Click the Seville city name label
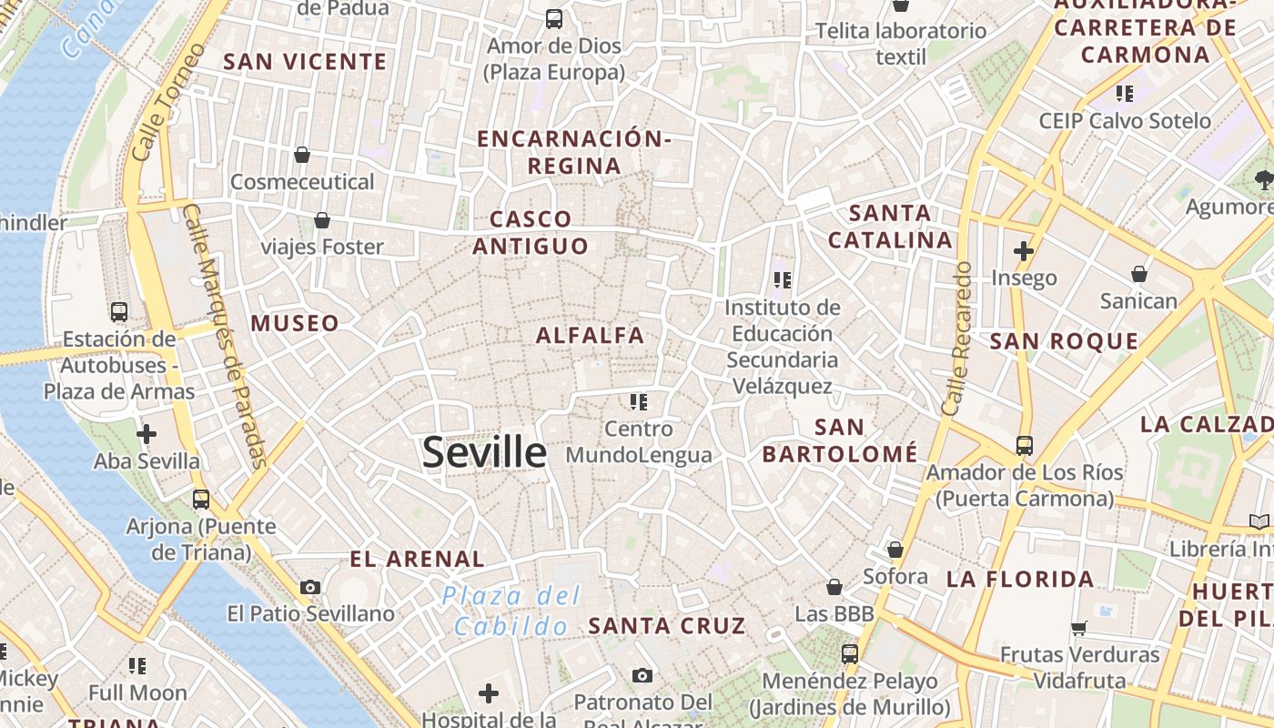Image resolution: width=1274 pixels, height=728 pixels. coord(484,452)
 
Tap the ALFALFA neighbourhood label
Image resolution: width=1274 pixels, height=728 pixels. coord(590,336)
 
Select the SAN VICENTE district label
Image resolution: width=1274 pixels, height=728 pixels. coord(305,62)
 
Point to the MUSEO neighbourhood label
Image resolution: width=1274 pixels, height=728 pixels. coord(295,323)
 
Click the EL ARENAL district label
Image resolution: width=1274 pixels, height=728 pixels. coord(418,559)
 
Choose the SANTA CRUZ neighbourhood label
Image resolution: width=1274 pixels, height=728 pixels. coord(667,626)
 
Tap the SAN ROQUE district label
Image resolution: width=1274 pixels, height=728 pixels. coord(1064,341)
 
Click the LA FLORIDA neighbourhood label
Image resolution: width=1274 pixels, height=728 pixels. coord(1020,579)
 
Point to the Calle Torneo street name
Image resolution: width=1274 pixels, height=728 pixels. coord(163,102)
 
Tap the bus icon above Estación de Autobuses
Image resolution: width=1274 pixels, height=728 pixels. coord(119,312)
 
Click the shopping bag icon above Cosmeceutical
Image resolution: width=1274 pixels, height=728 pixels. coord(302,155)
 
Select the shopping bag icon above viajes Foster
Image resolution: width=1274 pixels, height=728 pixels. coord(322,220)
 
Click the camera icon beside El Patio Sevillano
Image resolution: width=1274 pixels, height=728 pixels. coord(310,588)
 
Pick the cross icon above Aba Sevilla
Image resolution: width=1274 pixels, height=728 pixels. coord(146,434)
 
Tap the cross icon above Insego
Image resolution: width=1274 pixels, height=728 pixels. coord(1024,250)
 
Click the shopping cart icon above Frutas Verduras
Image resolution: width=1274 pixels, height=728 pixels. coord(1079,627)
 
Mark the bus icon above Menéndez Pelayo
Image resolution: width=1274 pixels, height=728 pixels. coord(850,653)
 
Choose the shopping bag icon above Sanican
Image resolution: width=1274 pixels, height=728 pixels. coord(1138,274)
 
